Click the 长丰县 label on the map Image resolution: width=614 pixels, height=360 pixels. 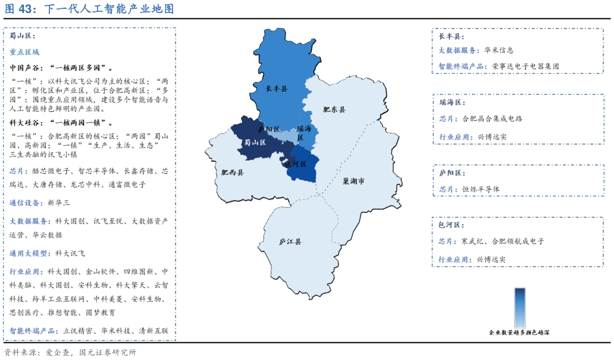(276, 89)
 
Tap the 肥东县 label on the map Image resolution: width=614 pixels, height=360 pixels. (334, 109)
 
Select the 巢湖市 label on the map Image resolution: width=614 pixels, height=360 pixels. (353, 181)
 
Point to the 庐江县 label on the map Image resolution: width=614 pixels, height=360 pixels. (290, 242)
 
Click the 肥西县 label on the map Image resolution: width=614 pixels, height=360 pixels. (232, 173)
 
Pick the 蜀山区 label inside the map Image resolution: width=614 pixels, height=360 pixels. (255, 142)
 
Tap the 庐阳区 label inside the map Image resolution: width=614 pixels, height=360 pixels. (269, 129)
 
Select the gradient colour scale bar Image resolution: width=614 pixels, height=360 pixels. (519, 308)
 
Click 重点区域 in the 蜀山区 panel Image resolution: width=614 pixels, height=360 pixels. (24, 52)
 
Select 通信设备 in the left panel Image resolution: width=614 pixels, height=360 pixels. (26, 203)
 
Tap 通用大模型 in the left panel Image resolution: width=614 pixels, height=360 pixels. (30, 253)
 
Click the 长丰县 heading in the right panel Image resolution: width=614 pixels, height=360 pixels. (451, 36)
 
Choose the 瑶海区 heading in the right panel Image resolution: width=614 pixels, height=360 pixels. (452, 102)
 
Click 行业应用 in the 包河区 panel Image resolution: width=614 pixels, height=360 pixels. (455, 259)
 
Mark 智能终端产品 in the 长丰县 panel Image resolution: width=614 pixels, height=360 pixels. (463, 67)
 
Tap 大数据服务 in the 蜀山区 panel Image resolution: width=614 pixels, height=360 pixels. (30, 221)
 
